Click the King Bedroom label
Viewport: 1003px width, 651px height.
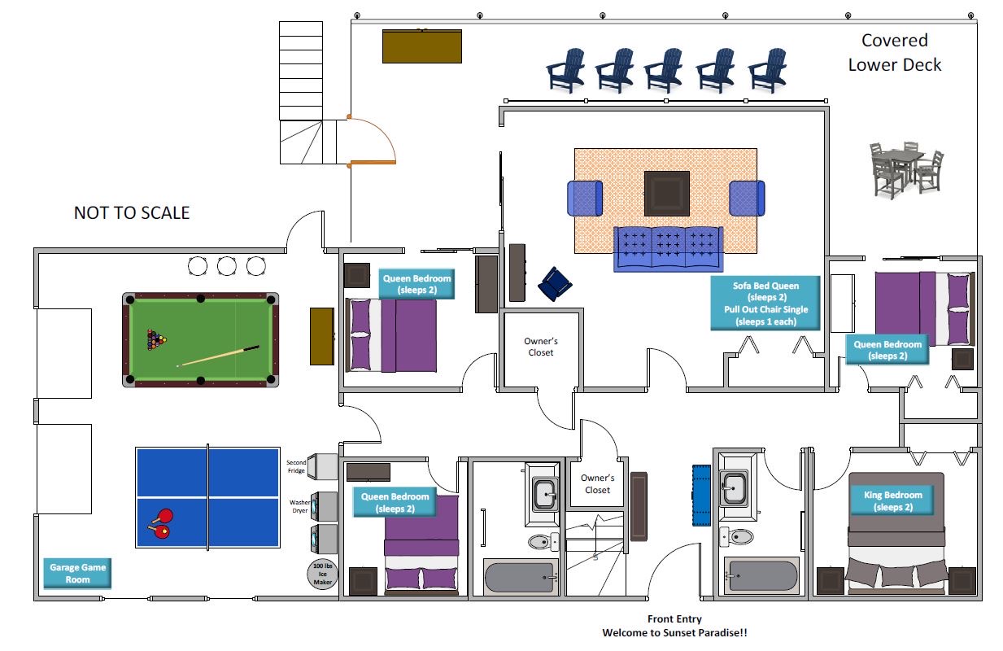[x=892, y=500]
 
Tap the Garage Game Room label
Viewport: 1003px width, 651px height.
[x=77, y=574]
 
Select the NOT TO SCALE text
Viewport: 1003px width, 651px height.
[x=132, y=213]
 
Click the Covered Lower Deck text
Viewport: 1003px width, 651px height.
[x=895, y=53]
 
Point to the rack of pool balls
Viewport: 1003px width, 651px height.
[x=155, y=339]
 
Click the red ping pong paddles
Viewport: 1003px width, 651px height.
[x=160, y=522]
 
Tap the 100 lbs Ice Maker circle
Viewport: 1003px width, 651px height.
[x=324, y=574]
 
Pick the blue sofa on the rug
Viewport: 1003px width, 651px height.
[x=668, y=248]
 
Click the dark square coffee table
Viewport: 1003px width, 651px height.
[x=667, y=193]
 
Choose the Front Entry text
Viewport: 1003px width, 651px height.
[x=674, y=619]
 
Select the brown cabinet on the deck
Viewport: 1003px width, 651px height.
[x=422, y=46]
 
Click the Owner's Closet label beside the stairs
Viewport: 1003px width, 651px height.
[x=597, y=484]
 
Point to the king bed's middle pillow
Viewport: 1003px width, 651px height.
[x=896, y=575]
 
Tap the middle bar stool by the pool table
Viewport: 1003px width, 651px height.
[x=226, y=265]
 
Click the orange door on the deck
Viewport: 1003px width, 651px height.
[x=373, y=162]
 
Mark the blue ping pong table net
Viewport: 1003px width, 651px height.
[x=208, y=496]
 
